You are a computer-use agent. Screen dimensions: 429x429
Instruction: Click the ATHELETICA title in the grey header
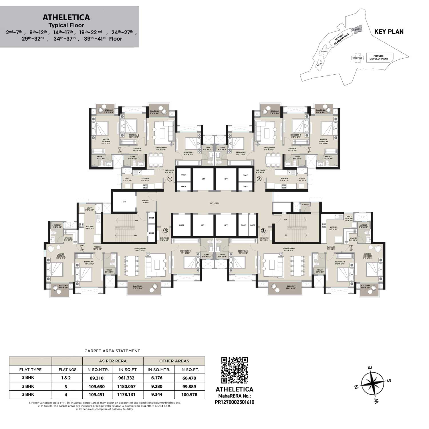click(x=66, y=17)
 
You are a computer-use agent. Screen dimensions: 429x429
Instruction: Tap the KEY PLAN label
click(x=389, y=32)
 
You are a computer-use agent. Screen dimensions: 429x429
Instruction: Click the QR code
click(x=235, y=370)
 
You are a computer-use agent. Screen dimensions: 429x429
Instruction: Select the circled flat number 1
click(x=170, y=179)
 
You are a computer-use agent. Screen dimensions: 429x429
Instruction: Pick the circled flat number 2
click(x=259, y=179)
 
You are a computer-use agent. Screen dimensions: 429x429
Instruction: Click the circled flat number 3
click(x=263, y=230)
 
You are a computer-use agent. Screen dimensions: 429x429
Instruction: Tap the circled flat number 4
click(x=166, y=230)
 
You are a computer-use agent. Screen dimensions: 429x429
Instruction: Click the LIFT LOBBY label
click(x=214, y=203)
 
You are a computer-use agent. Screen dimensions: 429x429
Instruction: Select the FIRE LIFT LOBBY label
click(x=146, y=202)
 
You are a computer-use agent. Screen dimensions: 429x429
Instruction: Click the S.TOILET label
click(x=305, y=204)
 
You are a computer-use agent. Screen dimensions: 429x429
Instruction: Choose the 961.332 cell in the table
click(x=126, y=378)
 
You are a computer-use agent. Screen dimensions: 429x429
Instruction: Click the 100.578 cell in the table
click(x=189, y=395)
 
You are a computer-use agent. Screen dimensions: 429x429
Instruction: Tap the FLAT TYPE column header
click(x=30, y=370)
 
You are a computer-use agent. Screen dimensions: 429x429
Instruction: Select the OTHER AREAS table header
click(x=174, y=361)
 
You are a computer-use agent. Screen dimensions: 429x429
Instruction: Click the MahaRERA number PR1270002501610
click(x=234, y=402)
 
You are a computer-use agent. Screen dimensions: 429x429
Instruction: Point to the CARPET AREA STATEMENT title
click(x=112, y=351)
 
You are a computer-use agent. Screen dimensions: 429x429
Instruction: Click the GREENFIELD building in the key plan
click(x=357, y=57)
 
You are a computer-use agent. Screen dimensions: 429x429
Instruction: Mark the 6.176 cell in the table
click(x=157, y=378)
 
